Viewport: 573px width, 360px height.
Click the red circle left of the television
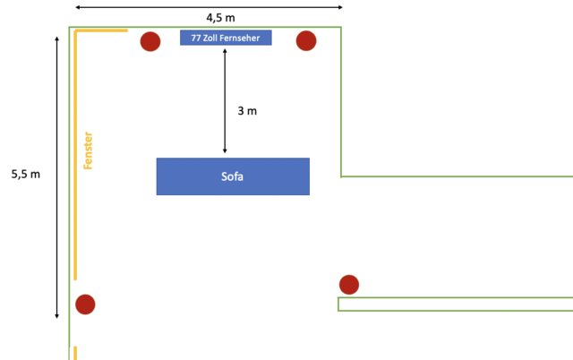[150, 41]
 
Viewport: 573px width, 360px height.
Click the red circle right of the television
[306, 41]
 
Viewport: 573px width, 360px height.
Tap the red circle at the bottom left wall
[85, 304]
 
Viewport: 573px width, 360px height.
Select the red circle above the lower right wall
[349, 285]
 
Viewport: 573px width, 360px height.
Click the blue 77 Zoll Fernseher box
[226, 39]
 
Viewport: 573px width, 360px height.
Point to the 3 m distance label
[247, 111]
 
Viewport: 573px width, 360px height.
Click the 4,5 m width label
[209, 17]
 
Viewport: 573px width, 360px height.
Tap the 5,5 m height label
[26, 175]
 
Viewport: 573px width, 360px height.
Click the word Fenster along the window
[88, 150]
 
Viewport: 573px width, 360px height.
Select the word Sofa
[233, 176]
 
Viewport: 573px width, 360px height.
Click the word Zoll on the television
[212, 39]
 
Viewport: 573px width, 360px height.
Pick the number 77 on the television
[196, 39]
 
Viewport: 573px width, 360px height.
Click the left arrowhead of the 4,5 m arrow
[79, 7]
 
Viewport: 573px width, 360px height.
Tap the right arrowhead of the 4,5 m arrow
[340, 7]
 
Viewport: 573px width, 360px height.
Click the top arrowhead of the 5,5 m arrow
[57, 40]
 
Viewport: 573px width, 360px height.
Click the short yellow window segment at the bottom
[75, 352]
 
